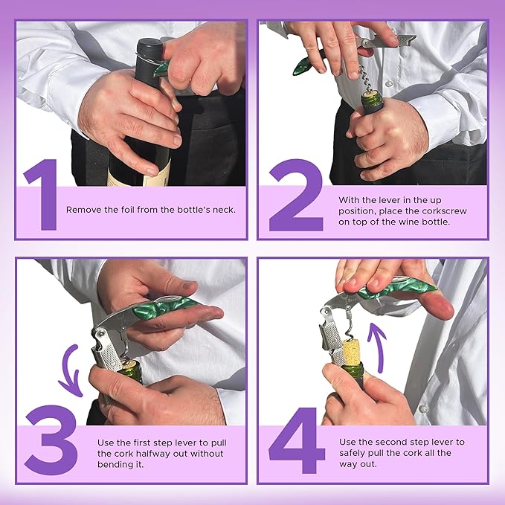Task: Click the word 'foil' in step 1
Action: pos(126,210)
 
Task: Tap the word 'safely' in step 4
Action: pos(353,452)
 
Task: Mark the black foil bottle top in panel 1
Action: pos(148,59)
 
